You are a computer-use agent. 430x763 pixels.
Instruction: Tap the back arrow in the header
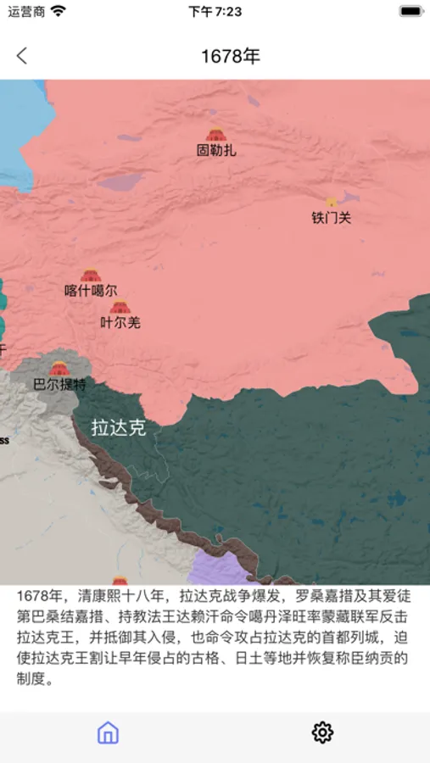(22, 56)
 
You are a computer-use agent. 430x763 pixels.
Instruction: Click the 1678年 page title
(230, 57)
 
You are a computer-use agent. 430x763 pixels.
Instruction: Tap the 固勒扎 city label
(216, 151)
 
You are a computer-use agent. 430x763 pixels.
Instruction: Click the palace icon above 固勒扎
(216, 134)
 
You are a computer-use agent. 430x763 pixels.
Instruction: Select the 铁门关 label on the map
(331, 218)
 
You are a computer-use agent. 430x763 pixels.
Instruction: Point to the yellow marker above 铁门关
(331, 202)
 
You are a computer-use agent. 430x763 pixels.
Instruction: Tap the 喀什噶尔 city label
(91, 291)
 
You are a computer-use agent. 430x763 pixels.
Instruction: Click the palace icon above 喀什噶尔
(91, 275)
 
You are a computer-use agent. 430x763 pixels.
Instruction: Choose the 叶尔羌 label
(120, 322)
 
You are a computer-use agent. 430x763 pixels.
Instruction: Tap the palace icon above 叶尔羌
(120, 306)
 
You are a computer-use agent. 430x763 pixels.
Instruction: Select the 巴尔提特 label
(59, 384)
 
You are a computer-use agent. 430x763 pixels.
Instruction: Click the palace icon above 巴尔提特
(59, 368)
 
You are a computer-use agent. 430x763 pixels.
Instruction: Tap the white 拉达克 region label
(119, 428)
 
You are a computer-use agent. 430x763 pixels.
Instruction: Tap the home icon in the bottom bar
(108, 732)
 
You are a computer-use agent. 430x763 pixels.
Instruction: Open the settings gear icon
(322, 732)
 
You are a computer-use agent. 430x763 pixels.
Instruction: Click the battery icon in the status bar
(410, 12)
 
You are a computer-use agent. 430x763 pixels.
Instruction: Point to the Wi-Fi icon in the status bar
(58, 12)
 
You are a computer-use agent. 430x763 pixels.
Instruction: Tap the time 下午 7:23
(215, 12)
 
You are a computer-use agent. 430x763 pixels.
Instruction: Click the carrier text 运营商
(26, 12)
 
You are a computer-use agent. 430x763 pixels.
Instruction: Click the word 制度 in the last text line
(30, 679)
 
